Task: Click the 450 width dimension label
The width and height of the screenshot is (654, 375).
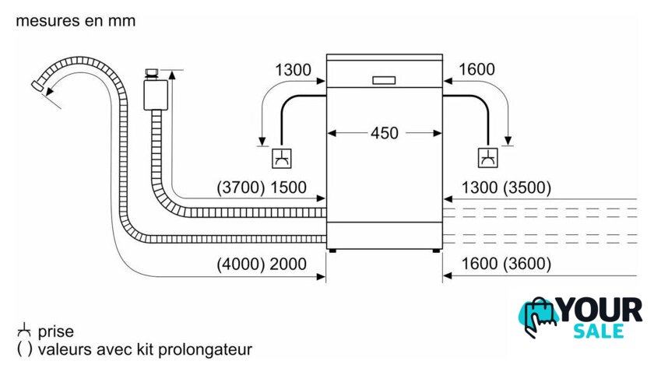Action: [384, 133]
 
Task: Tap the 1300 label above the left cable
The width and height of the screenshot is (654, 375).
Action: [294, 70]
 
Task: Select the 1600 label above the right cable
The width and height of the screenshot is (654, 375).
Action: [476, 70]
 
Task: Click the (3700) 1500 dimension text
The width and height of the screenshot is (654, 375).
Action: [262, 187]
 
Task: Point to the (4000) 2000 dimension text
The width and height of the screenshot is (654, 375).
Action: [262, 265]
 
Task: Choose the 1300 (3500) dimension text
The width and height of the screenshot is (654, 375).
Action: [506, 187]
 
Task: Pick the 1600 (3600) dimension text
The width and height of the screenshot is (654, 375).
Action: [506, 265]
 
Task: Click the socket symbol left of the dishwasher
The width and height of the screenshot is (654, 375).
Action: [280, 158]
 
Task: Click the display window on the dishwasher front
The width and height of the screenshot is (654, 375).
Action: [384, 79]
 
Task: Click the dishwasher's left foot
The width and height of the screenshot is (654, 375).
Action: [334, 250]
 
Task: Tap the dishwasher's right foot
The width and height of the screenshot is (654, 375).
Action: [434, 250]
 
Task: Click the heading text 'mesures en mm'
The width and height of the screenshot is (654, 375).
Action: [76, 21]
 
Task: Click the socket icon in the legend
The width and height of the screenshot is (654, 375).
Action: [24, 331]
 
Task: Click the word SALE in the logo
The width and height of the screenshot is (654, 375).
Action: [599, 331]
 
